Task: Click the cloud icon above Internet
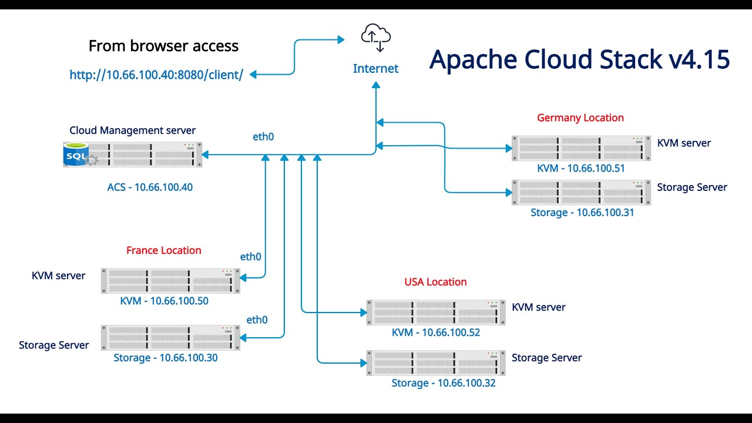coord(376,37)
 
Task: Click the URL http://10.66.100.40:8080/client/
coord(156,75)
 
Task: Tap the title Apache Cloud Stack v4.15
coord(579,59)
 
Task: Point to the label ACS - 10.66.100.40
coord(150,187)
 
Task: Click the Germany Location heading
coord(580,117)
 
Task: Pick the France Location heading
coord(163,250)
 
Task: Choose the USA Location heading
coord(435,282)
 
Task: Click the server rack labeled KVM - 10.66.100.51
coord(580,148)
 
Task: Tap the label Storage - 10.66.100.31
coord(582,213)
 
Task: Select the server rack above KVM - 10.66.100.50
coord(170,281)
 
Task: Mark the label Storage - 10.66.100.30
coord(166,357)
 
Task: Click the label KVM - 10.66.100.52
coord(436,333)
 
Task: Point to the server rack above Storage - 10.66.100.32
coord(436,363)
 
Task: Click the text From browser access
coord(163,46)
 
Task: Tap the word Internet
coord(375,69)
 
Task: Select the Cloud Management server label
coord(132,130)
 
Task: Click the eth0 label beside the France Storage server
coord(257,320)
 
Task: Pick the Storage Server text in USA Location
coord(546,358)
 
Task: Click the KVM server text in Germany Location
coord(684,143)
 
